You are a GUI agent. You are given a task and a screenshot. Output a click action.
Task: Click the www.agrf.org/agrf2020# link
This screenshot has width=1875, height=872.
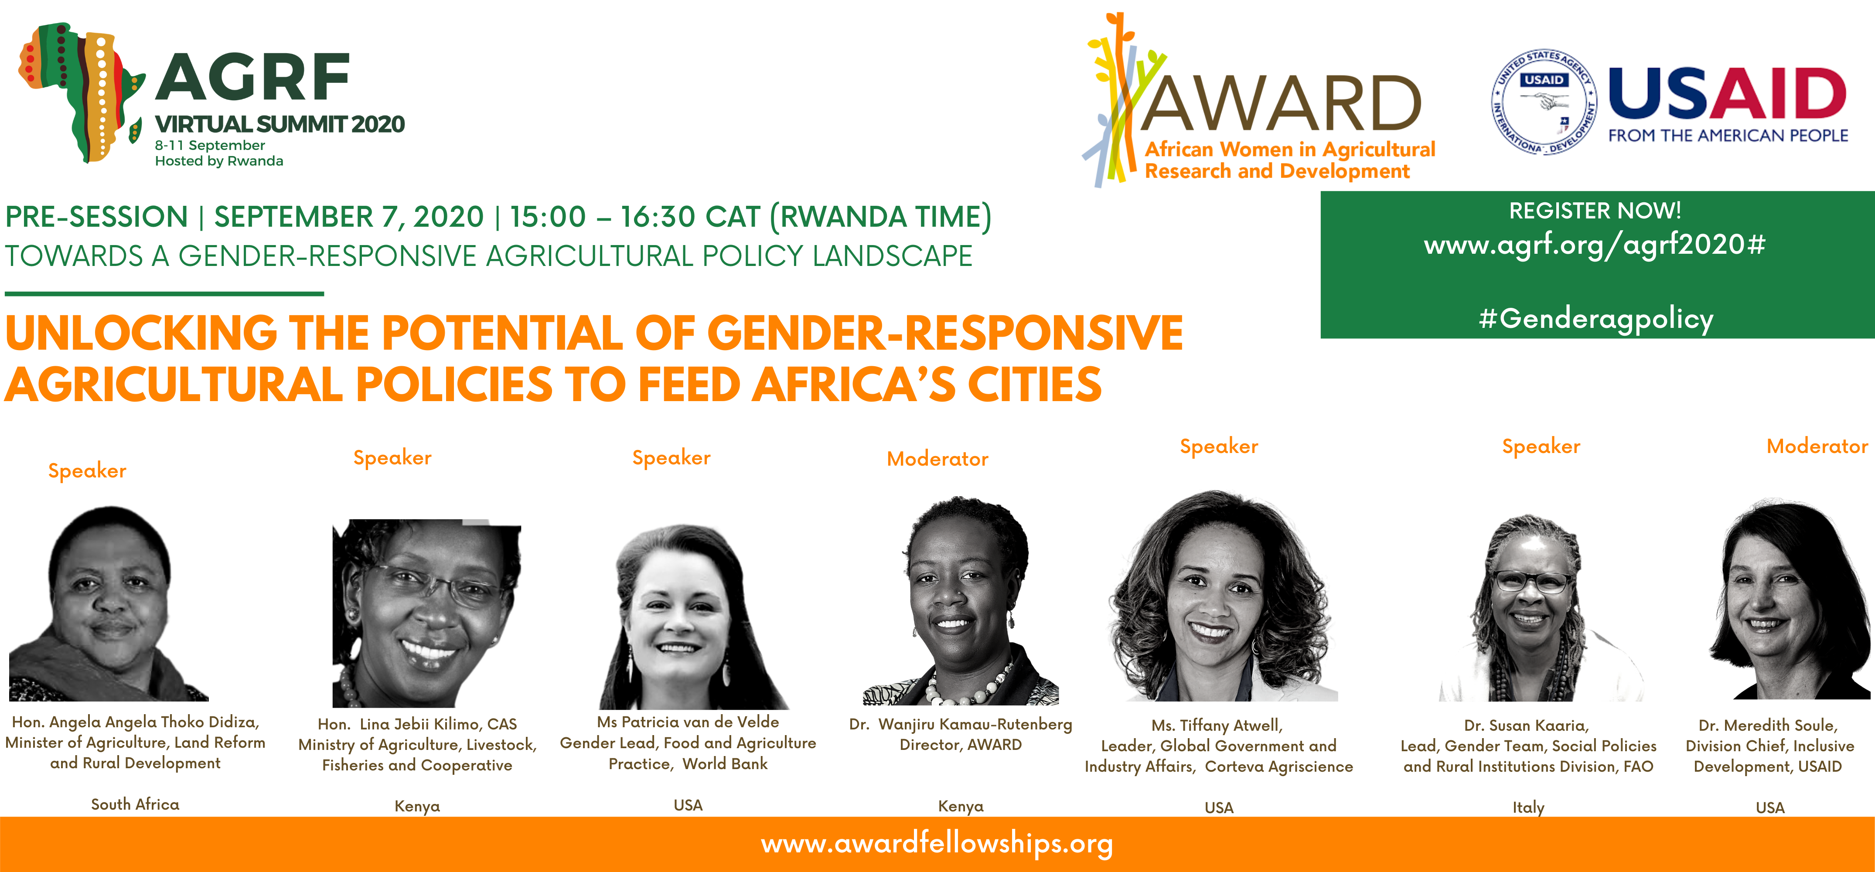(1595, 245)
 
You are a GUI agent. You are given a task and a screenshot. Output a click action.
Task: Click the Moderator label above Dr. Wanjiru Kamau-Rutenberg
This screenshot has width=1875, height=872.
(937, 459)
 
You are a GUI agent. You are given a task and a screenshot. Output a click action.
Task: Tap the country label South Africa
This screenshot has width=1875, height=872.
(135, 804)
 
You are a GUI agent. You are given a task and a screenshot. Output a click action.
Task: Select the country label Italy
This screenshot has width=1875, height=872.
(1528, 807)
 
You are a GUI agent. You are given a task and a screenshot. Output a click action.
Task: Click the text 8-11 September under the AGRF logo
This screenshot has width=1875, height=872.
(210, 145)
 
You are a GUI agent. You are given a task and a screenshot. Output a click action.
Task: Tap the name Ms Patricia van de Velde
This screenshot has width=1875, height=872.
(688, 722)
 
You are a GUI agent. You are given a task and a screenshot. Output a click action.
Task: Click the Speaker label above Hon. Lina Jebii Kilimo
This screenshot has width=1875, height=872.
(392, 458)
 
